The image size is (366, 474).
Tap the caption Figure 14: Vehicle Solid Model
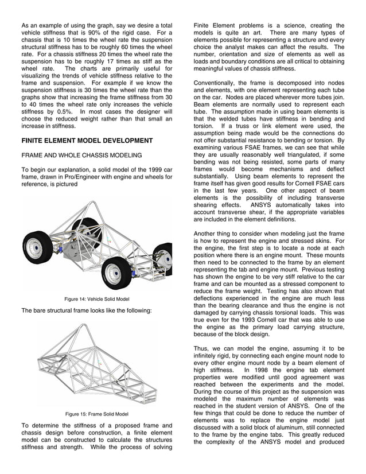pos(97,299)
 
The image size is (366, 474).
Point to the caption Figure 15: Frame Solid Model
pos(97,414)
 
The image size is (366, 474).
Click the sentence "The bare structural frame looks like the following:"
pos(87,310)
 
